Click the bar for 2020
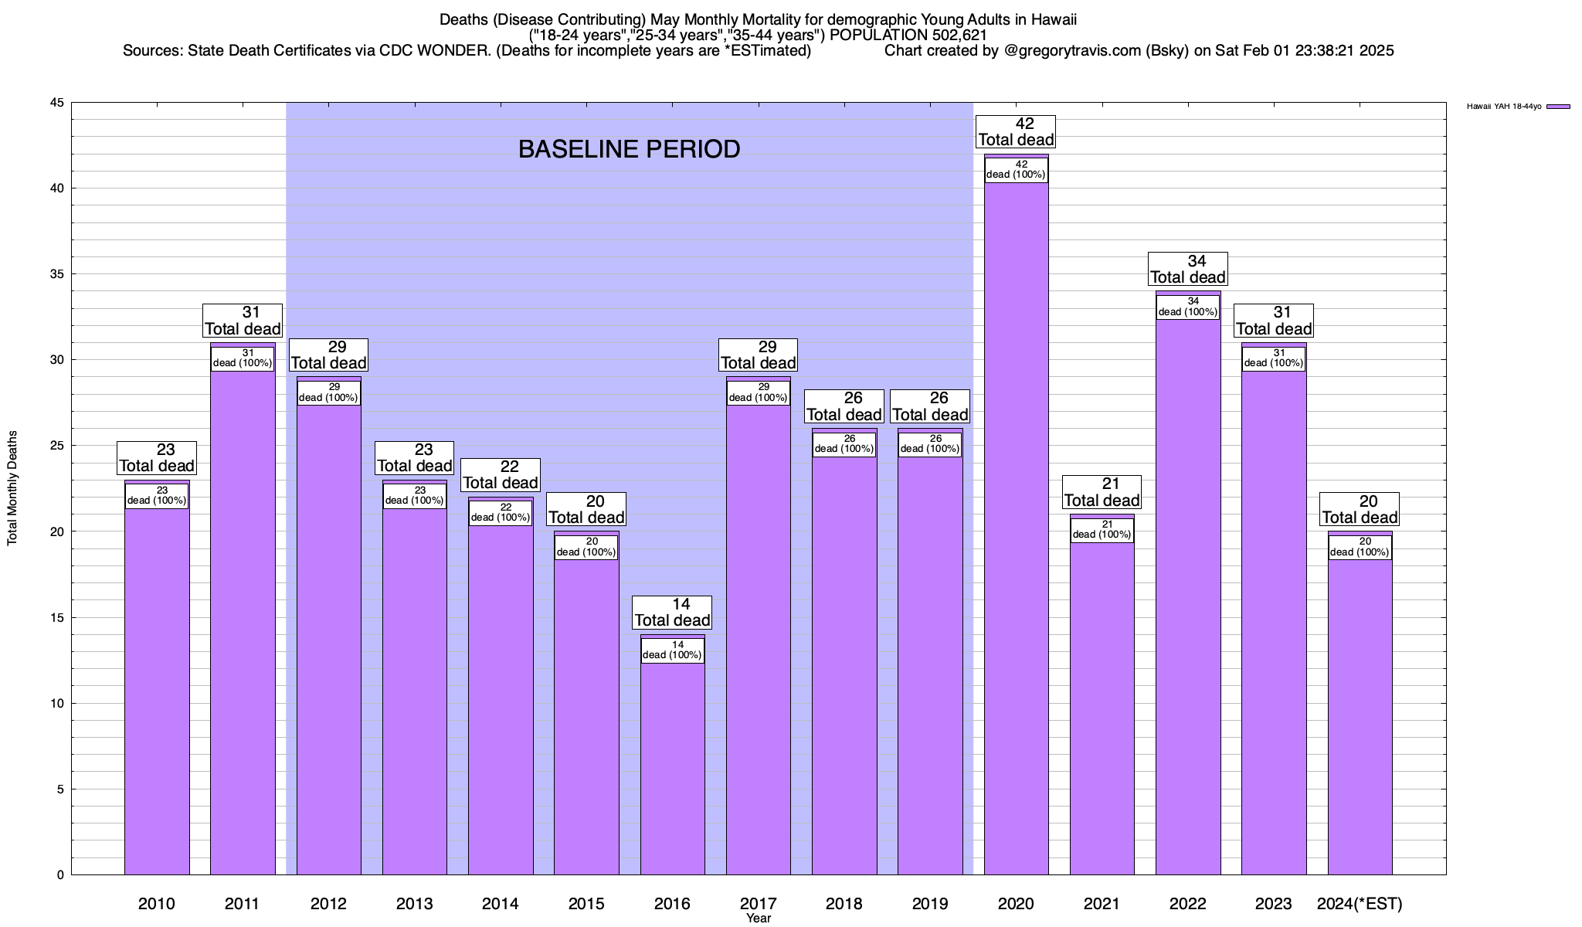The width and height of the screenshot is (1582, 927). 1016,525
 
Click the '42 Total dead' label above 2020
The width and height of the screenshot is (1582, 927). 1016,131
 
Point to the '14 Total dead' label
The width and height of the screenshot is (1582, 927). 672,612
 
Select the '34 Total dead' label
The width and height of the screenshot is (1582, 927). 1188,269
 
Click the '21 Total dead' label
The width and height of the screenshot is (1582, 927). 1102,492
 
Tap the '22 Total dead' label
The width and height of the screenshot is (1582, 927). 501,474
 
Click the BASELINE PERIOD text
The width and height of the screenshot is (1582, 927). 629,149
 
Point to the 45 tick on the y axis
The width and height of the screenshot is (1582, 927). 57,103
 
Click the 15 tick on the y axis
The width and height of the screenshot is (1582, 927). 57,617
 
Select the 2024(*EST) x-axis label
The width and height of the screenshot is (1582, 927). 1360,903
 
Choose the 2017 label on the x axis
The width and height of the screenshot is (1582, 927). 759,903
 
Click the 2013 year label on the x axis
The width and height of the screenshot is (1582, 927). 415,903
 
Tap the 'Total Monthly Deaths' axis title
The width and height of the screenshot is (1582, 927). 12,488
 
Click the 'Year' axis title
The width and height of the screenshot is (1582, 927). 759,919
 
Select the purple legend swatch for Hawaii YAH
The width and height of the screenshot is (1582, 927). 1558,107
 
